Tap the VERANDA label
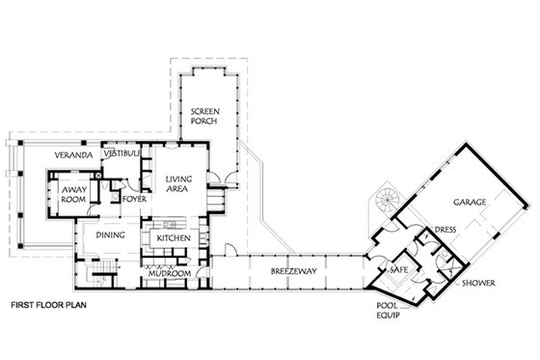click(x=73, y=155)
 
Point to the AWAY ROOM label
click(x=74, y=194)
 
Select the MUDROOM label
click(x=168, y=274)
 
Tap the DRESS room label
click(x=445, y=231)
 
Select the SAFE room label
click(x=398, y=271)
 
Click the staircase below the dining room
click(x=100, y=267)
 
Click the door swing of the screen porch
click(x=226, y=178)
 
